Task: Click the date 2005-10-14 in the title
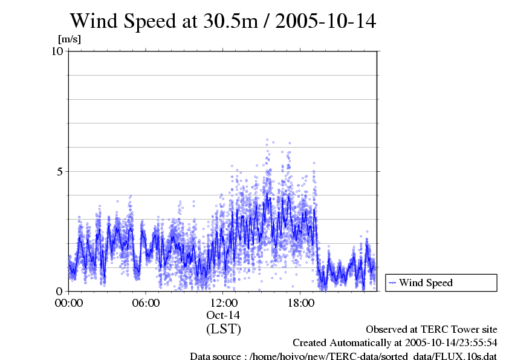coord(325,21)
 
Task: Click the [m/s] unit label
coord(69,39)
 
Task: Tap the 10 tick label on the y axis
coord(57,51)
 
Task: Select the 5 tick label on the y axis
coord(60,171)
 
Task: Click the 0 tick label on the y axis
coord(60,291)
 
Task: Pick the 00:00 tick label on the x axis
coord(69,303)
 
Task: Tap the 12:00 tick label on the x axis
coord(224,303)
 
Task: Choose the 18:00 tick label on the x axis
coord(301,303)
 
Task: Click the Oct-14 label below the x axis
coord(224,315)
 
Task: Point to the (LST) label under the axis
coord(224,329)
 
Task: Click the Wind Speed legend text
coord(426,283)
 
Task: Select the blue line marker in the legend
coord(392,283)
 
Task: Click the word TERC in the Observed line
coord(424,330)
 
